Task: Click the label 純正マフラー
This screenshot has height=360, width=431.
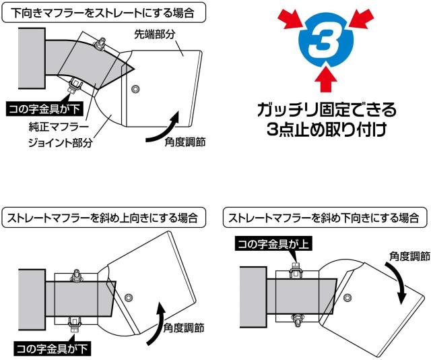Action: (56, 126)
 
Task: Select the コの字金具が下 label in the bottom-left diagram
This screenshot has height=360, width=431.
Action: (52, 349)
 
